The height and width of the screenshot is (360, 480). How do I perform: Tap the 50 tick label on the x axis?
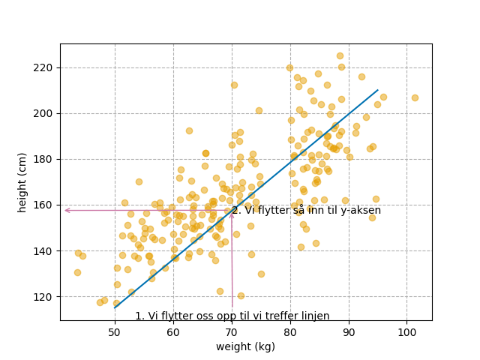tap(115, 331)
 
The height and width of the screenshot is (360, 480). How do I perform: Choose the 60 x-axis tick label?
tap(173, 331)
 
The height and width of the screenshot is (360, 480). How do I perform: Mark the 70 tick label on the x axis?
tap(232, 331)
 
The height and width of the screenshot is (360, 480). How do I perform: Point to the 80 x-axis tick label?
tap(290, 331)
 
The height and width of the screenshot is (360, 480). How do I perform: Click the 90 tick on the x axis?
tap(349, 331)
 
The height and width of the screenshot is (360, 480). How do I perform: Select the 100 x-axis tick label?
tap(407, 331)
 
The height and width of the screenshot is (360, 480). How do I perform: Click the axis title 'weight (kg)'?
tap(245, 346)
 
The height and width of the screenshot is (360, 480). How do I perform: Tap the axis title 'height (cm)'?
tap(22, 182)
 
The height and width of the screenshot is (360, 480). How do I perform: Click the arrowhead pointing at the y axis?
tap(67, 210)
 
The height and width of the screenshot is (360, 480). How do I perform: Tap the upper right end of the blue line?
tap(378, 90)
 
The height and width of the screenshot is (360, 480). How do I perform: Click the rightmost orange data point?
tap(415, 97)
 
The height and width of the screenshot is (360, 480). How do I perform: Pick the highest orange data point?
tap(340, 55)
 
